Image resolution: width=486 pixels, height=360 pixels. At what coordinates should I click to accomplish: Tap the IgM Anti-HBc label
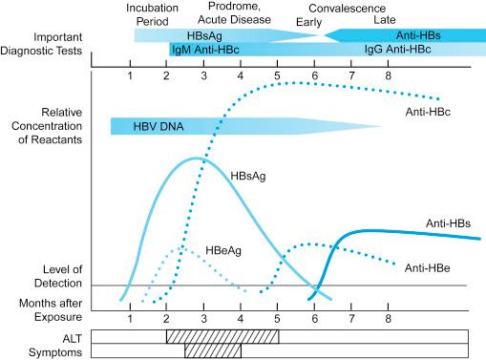pos(204,48)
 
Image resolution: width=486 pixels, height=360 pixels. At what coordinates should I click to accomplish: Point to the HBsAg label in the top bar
pos(205,34)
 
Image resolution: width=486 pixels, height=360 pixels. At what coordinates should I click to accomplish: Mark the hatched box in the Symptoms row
pos(212,350)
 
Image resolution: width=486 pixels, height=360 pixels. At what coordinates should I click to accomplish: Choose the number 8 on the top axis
pos(388,74)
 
